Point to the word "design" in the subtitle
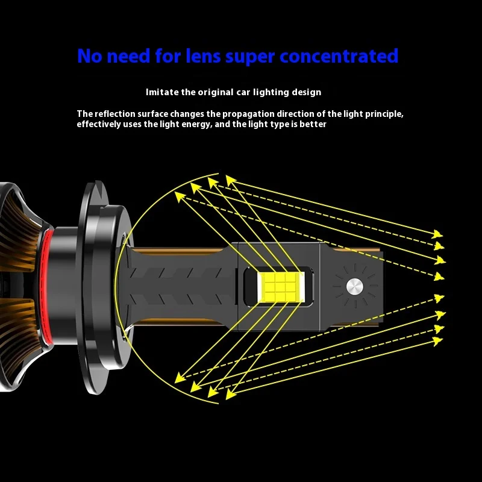point(306,92)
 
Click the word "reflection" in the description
point(114,113)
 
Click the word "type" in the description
point(285,124)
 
